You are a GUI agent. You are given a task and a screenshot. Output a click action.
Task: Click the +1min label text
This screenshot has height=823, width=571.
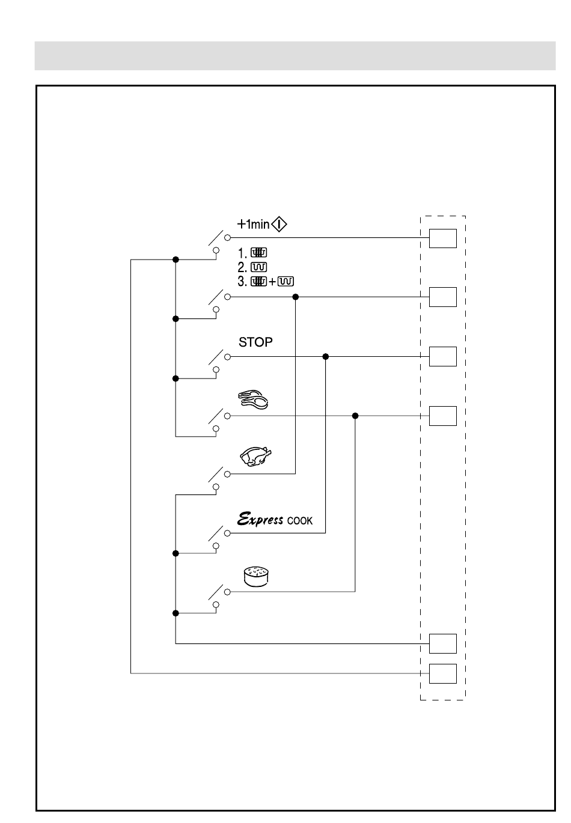coord(253,224)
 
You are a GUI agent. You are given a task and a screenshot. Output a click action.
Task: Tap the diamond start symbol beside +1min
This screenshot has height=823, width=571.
coord(279,224)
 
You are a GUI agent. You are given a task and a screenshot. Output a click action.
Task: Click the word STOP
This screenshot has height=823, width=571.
coord(255,342)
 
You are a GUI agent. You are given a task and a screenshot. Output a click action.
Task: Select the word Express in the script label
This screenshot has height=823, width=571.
coord(260,519)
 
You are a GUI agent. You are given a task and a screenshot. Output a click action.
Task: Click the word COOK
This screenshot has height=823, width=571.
coord(300,521)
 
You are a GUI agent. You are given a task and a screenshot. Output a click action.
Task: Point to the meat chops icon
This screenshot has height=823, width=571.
coord(253,399)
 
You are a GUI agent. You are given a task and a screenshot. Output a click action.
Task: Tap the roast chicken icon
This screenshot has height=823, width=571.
coord(256,457)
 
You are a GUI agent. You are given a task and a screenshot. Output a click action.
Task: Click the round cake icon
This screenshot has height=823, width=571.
coord(256,577)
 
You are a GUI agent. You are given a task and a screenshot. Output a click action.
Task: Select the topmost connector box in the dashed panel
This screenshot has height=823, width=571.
coord(443,238)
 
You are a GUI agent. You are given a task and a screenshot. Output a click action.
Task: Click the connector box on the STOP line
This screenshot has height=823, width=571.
coord(443,356)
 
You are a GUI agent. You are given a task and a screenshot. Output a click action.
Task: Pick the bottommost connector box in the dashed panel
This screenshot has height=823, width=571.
coord(443,673)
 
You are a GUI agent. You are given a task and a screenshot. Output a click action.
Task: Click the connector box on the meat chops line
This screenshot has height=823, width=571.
coord(443,416)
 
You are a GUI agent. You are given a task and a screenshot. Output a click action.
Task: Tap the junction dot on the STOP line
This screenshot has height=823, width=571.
coord(325,356)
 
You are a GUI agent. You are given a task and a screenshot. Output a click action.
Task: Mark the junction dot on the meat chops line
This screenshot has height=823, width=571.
coord(355,416)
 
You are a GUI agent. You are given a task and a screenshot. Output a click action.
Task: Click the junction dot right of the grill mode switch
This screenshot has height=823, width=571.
coord(296,297)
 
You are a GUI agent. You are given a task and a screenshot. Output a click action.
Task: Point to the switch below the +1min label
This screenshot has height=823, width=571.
coord(219,243)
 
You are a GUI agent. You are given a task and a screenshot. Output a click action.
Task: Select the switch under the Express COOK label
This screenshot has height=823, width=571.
coord(219,538)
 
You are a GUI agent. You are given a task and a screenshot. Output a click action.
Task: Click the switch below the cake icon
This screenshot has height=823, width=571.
coord(219,597)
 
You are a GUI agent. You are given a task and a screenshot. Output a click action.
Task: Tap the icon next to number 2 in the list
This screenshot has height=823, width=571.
coord(258,267)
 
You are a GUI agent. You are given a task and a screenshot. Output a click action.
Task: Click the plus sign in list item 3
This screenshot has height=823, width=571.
coord(272,282)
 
